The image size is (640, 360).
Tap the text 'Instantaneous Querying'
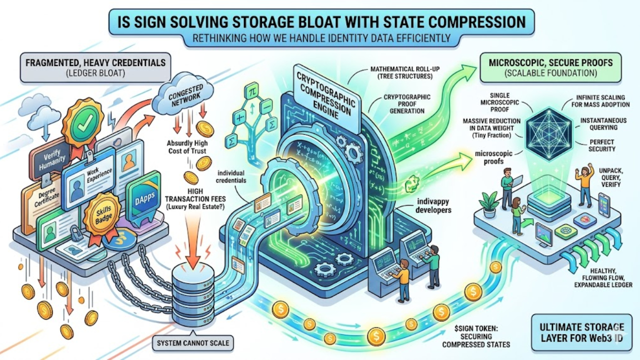click(598, 124)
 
